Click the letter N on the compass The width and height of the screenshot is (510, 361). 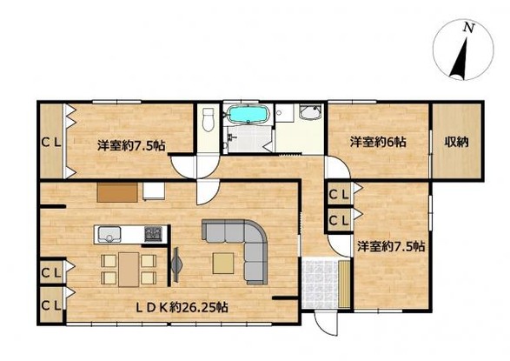(x=468, y=28)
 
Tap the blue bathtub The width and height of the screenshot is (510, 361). (x=248, y=115)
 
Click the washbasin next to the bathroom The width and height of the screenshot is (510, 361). (x=309, y=115)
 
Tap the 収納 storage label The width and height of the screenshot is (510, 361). (x=458, y=142)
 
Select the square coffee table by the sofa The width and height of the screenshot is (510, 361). (x=222, y=261)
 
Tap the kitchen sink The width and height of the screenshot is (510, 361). (x=109, y=233)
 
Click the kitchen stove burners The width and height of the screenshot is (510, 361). (x=154, y=233)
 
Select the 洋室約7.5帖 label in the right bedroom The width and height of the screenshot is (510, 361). (x=391, y=246)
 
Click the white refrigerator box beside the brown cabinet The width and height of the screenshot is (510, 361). (x=154, y=191)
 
